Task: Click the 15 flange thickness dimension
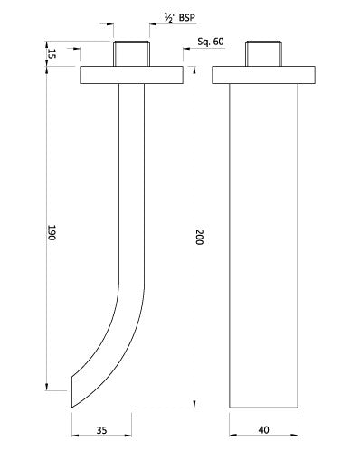(51, 56)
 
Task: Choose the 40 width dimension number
(262, 432)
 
